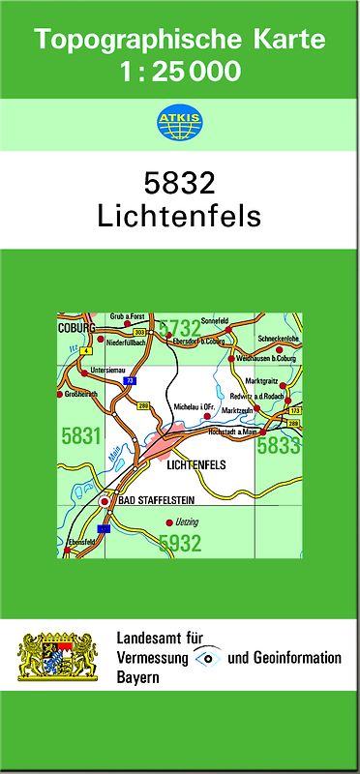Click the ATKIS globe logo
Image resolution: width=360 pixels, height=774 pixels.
pos(179,122)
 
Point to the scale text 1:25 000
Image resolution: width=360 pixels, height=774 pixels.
pos(179,71)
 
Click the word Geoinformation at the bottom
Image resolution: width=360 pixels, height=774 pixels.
pos(295,658)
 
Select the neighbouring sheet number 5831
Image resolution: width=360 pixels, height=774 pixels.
pos(80,436)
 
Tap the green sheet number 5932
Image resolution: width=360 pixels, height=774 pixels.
pos(180,544)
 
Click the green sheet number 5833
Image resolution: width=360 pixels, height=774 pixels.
pos(278,445)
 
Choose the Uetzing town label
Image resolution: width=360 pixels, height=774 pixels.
pos(185,522)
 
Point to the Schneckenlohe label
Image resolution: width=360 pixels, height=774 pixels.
pos(281,338)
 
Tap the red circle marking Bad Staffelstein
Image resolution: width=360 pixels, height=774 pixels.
pos(105,502)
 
